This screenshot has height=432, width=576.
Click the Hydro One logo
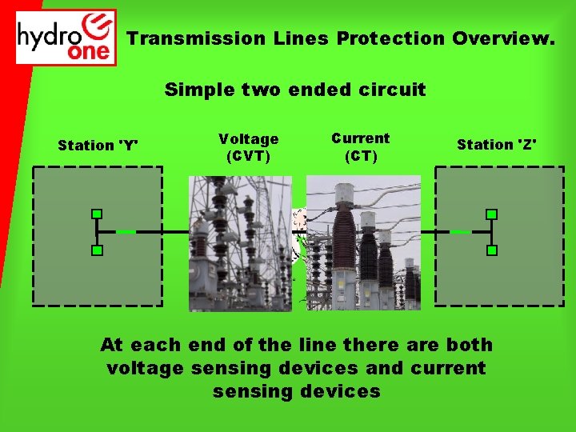[x=66, y=37]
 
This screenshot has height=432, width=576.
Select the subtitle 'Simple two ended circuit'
[x=295, y=90]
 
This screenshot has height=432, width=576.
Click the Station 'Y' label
[x=98, y=146]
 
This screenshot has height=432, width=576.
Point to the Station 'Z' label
[x=497, y=145]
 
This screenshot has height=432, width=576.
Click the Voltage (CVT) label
[x=249, y=147]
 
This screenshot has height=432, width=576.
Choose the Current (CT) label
[x=361, y=147]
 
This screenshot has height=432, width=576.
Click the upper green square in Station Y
[x=96, y=214]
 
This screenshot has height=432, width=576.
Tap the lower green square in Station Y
[x=96, y=250]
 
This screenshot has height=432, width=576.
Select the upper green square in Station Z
[x=492, y=214]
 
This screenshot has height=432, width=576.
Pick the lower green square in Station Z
[x=492, y=250]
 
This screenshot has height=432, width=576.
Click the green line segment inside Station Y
[x=126, y=232]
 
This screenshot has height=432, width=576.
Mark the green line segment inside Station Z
[x=461, y=232]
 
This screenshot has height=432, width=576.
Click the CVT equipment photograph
[x=240, y=243]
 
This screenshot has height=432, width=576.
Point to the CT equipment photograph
[x=364, y=243]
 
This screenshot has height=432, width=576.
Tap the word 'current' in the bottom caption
[x=446, y=369]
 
